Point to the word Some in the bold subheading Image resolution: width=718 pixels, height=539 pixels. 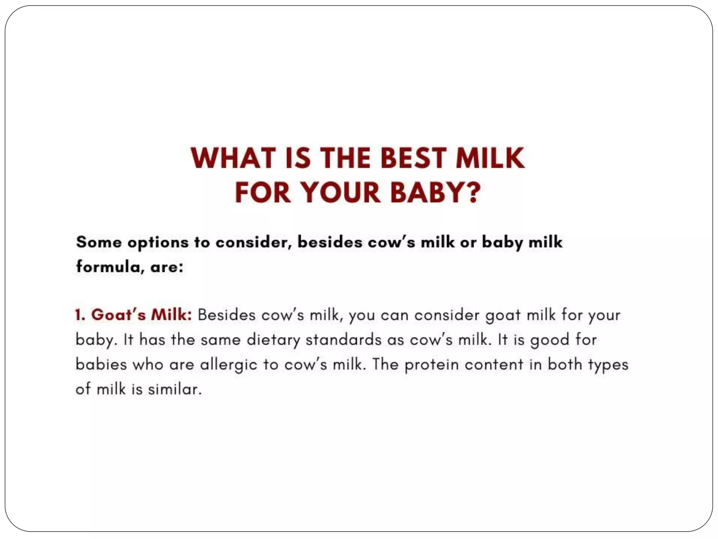tap(99, 242)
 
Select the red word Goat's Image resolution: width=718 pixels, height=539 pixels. tap(118, 315)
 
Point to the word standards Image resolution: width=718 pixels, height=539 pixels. tap(344, 340)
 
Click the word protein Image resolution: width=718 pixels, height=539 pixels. tap(432, 365)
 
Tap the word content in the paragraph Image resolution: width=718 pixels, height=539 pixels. tap(494, 365)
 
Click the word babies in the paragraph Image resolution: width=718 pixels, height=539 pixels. tap(101, 364)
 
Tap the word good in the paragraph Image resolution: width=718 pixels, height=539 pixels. tap(549, 340)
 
